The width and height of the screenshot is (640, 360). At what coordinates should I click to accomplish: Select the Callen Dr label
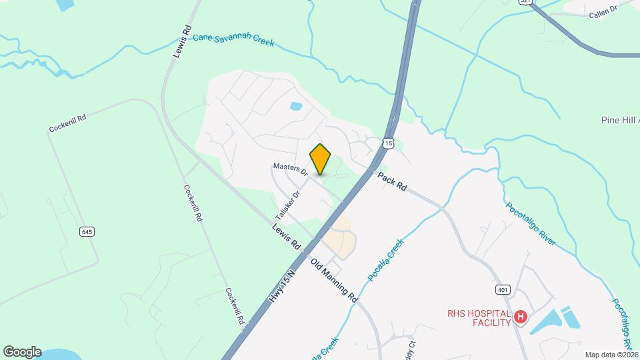pyautogui.click(x=603, y=14)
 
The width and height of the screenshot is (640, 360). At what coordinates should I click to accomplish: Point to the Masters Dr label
pyautogui.click(x=289, y=169)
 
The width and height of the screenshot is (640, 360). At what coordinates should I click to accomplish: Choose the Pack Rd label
pyautogui.click(x=392, y=181)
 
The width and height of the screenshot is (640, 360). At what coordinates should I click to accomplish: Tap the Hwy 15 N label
pyautogui.click(x=283, y=283)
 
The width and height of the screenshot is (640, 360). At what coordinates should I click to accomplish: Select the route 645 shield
pyautogui.click(x=87, y=231)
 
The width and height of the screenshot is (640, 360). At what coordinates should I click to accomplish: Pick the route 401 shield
pyautogui.click(x=503, y=290)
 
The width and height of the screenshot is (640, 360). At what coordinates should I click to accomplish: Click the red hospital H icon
pyautogui.click(x=521, y=317)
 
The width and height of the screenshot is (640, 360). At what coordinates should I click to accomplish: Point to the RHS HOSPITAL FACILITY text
pyautogui.click(x=479, y=317)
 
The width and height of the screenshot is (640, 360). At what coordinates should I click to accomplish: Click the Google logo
pyautogui.click(x=22, y=351)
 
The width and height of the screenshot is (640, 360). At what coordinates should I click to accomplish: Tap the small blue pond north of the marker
pyautogui.click(x=296, y=105)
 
